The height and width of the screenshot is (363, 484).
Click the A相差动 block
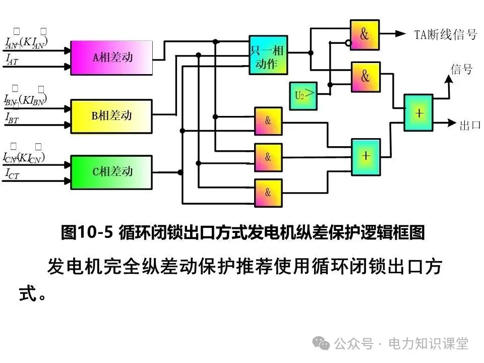click(x=111, y=57)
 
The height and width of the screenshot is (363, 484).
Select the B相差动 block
click(x=111, y=116)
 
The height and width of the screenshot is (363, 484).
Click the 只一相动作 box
click(x=268, y=55)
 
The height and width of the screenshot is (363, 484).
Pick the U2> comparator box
click(x=303, y=95)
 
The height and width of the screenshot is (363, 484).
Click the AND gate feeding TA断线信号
click(x=365, y=34)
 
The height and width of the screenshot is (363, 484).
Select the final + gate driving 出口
click(x=418, y=113)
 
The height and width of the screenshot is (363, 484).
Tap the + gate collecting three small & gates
click(x=366, y=156)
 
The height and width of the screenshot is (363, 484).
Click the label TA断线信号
click(x=445, y=34)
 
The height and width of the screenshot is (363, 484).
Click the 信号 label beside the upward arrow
click(x=461, y=69)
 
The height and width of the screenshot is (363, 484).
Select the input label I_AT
click(x=12, y=60)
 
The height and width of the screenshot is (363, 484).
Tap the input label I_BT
click(x=12, y=118)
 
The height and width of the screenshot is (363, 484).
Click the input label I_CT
click(x=12, y=174)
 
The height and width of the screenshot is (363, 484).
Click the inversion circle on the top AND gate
click(x=347, y=43)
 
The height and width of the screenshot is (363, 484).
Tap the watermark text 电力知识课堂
click(x=428, y=344)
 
